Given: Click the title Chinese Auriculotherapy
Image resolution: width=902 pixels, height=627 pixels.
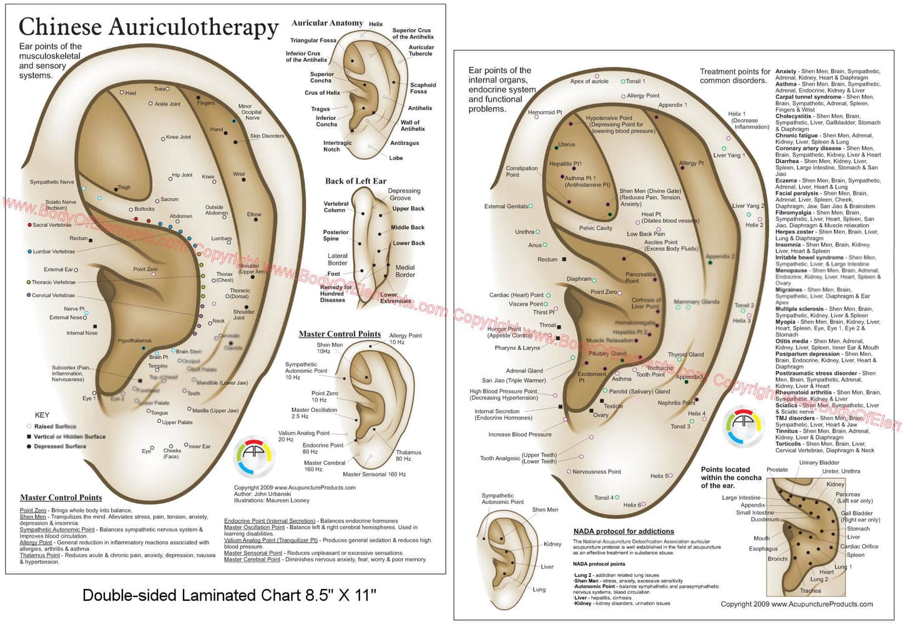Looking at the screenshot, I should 149,27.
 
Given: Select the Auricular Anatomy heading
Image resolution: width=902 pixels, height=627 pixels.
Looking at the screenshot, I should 327,23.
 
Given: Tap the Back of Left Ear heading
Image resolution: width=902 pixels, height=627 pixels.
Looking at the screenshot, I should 355,181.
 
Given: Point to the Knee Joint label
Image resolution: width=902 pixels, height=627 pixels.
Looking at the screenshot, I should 179,137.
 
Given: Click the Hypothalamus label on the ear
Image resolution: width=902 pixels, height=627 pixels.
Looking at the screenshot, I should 134,341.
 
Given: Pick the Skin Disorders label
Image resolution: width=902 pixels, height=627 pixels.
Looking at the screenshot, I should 267,136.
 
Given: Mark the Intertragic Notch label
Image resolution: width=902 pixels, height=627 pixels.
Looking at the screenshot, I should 337,146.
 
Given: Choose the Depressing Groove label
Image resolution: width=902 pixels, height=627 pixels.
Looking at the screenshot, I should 404,194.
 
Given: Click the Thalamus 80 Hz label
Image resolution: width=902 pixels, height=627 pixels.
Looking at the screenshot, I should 408,455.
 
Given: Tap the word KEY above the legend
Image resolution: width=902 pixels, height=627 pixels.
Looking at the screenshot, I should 42,415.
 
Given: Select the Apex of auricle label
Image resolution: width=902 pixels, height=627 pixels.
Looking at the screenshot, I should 589,81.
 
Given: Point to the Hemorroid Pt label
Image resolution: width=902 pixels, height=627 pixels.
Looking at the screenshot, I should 545,112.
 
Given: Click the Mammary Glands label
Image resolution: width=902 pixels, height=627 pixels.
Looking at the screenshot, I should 697,302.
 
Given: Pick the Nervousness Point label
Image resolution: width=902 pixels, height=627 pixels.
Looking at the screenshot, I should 597,471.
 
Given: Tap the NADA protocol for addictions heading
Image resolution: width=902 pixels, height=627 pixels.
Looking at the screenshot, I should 624,531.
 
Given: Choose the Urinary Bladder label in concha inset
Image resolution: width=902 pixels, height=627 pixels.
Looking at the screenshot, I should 819,463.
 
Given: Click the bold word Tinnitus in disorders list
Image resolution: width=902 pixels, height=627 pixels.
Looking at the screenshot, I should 787,431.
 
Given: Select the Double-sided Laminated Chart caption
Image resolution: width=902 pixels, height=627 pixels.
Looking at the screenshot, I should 229,595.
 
